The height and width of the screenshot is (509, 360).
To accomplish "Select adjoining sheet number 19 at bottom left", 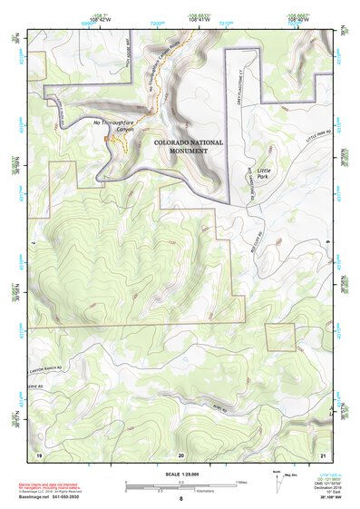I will click(x=38, y=453).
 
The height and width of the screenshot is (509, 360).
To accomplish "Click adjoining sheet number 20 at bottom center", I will click(x=180, y=453).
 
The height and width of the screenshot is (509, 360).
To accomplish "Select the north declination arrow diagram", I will click(x=275, y=478).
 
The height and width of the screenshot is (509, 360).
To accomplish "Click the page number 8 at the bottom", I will click(x=180, y=498).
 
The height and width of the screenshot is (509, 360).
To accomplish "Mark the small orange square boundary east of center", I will click(x=280, y=337).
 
